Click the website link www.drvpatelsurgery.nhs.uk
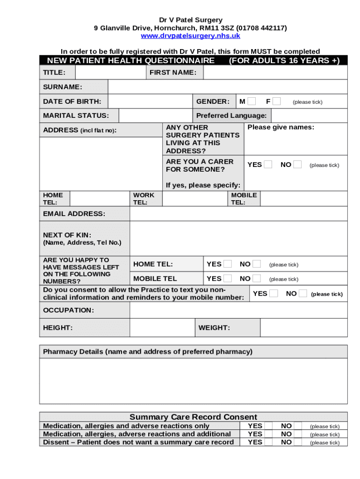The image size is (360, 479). [x=190, y=36]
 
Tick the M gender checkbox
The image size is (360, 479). [x=252, y=102]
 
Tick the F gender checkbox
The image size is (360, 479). [x=277, y=102]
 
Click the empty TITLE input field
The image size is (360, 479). [x=110, y=73]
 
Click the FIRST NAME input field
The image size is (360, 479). [x=275, y=73]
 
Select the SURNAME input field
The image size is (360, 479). [x=228, y=87]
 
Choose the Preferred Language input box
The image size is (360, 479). [x=309, y=116]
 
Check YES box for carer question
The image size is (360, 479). [x=268, y=165]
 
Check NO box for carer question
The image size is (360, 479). [x=297, y=165]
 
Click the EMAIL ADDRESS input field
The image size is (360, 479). [x=238, y=214]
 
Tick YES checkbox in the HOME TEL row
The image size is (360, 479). [x=227, y=264]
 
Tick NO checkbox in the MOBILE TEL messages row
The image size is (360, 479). [x=256, y=278]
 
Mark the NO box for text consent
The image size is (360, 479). [x=302, y=293]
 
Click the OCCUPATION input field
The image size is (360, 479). [x=238, y=310]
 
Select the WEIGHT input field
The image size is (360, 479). [x=303, y=327]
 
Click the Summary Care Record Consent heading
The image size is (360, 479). [x=193, y=417]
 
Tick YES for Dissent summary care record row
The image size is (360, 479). [x=268, y=442]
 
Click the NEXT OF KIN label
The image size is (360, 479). [x=67, y=235]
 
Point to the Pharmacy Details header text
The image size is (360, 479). [x=148, y=352]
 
